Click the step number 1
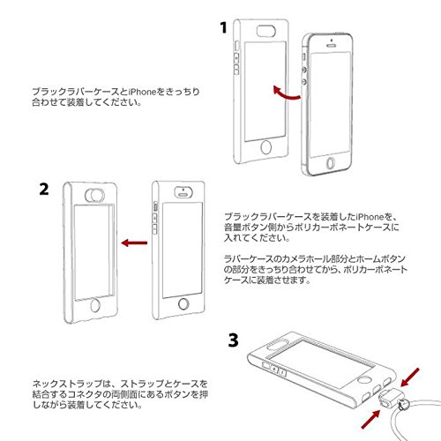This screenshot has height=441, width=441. (x=224, y=28)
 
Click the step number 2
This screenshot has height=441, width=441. (x=44, y=189)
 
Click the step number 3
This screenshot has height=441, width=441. (x=233, y=340)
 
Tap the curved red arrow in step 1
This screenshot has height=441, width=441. (x=286, y=93)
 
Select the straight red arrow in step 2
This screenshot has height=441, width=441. (x=134, y=243)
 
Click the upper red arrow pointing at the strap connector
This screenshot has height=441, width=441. (x=409, y=377)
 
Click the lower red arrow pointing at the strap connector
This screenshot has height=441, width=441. (x=370, y=420)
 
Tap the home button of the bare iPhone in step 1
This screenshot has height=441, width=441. (x=331, y=163)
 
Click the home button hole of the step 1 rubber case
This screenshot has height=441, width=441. (x=266, y=147)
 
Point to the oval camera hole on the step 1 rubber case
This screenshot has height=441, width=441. (x=266, y=31)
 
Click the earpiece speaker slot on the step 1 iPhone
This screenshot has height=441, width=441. (x=332, y=46)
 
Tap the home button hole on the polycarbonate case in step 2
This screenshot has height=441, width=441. (x=95, y=305)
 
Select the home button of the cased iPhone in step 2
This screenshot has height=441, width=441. (x=183, y=303)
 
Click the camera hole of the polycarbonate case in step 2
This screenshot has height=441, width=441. (x=95, y=195)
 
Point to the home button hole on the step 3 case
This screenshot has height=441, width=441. (x=365, y=379)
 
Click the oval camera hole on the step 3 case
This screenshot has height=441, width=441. (x=278, y=343)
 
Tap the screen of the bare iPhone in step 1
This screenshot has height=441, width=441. (x=331, y=105)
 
